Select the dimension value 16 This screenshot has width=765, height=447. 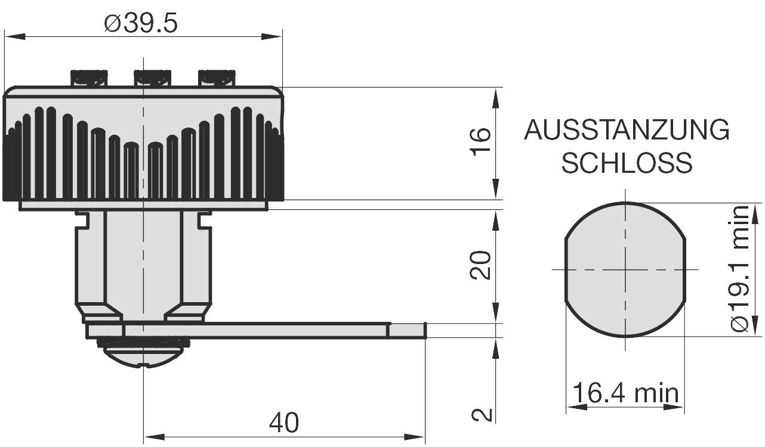[x=481, y=142]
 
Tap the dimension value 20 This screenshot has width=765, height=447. [x=481, y=265]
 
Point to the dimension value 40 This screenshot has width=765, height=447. [x=283, y=423]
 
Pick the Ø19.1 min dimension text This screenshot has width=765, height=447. [x=740, y=269]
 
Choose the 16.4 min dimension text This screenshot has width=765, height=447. [x=625, y=393]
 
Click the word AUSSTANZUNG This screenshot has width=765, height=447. [x=627, y=130]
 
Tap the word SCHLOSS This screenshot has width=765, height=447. [x=627, y=163]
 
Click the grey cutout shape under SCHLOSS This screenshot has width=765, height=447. [x=625, y=269]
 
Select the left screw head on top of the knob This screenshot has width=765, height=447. [x=90, y=78]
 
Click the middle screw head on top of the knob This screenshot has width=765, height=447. [x=152, y=78]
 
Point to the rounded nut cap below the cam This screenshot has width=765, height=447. [x=143, y=355]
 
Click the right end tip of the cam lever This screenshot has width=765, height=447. [x=424, y=330]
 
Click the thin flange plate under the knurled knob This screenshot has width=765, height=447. [x=143, y=206]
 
